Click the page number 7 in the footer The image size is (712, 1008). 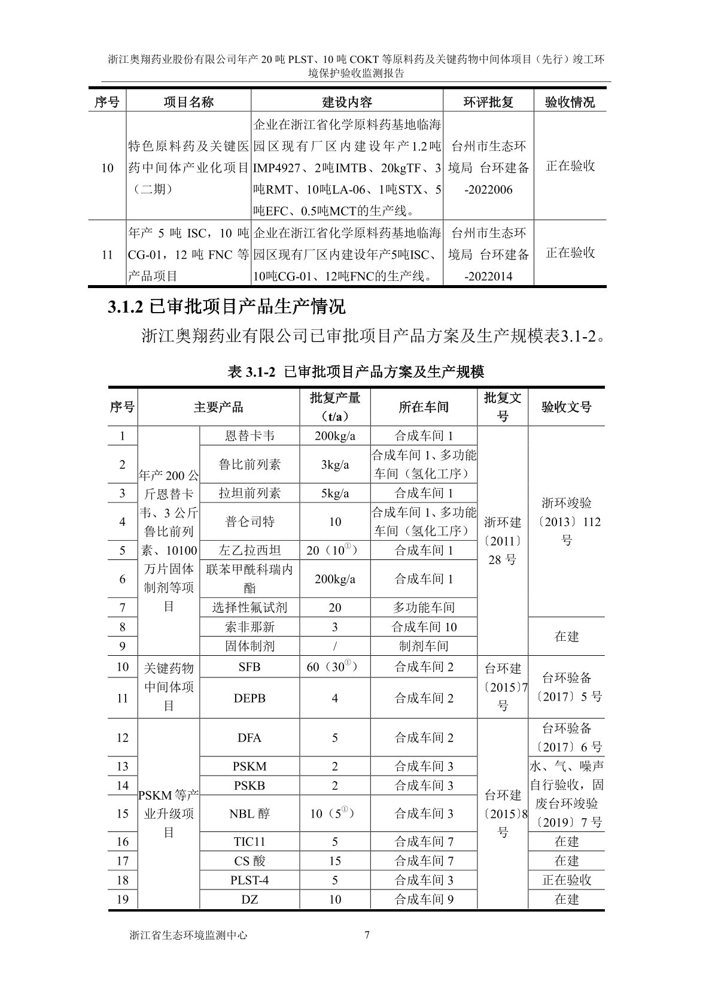(x=367, y=935)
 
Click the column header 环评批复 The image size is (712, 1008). (x=488, y=102)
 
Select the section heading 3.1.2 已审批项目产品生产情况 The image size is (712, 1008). (x=226, y=307)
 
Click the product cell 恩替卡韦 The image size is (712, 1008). (x=249, y=435)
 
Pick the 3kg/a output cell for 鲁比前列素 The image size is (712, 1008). (x=334, y=464)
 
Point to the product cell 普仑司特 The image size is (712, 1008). (x=249, y=522)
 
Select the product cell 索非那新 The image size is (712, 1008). (x=249, y=627)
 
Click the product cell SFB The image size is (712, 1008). (x=249, y=667)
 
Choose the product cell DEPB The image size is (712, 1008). (x=249, y=698)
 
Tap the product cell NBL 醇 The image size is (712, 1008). (x=249, y=813)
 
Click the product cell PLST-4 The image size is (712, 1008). (x=249, y=880)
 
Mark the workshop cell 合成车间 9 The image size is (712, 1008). (x=424, y=899)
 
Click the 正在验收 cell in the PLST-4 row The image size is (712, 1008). (x=567, y=880)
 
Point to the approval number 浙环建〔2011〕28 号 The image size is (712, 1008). (x=503, y=541)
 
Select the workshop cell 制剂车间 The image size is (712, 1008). (x=424, y=646)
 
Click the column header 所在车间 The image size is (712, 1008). (x=424, y=407)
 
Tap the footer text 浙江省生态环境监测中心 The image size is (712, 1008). (x=188, y=935)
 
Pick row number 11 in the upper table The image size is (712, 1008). (x=107, y=255)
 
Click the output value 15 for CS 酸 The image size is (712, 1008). (x=334, y=861)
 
